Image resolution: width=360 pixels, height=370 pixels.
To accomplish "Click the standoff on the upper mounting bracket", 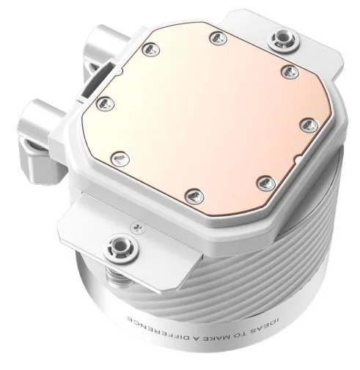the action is pyautogui.click(x=284, y=40).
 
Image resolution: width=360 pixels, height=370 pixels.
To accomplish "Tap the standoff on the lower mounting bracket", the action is pyautogui.click(x=120, y=248).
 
